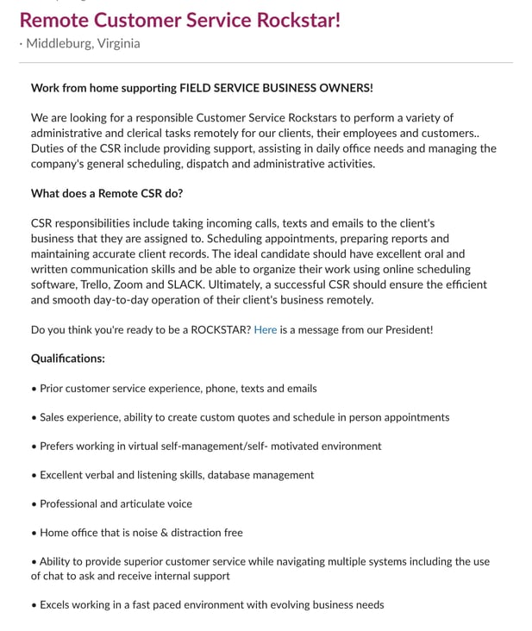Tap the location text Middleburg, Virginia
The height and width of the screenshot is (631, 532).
tap(83, 43)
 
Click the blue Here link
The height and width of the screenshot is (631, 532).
tap(266, 329)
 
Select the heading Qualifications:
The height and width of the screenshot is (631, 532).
tap(68, 358)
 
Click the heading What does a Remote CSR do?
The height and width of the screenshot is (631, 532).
tap(107, 193)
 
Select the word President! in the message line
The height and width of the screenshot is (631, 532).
tap(404, 329)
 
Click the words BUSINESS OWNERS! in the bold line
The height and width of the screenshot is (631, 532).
tap(323, 88)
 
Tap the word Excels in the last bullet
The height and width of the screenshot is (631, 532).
tap(57, 604)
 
